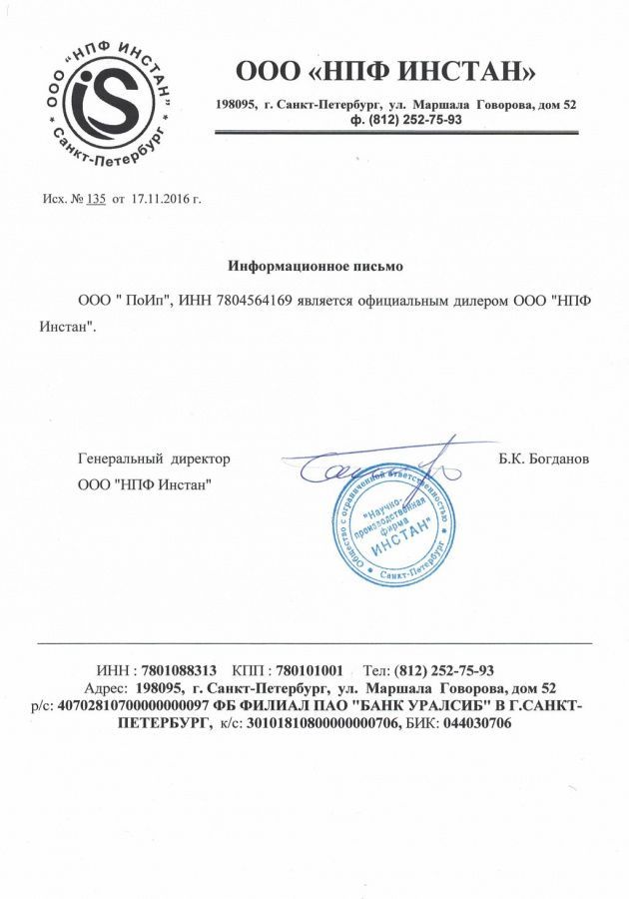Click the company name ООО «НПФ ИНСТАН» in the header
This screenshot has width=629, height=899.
tap(385, 73)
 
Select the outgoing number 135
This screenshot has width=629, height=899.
tap(96, 199)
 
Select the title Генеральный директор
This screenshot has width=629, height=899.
tap(154, 458)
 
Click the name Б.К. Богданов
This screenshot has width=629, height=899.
tap(543, 458)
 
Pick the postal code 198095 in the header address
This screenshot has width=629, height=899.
tap(237, 105)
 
